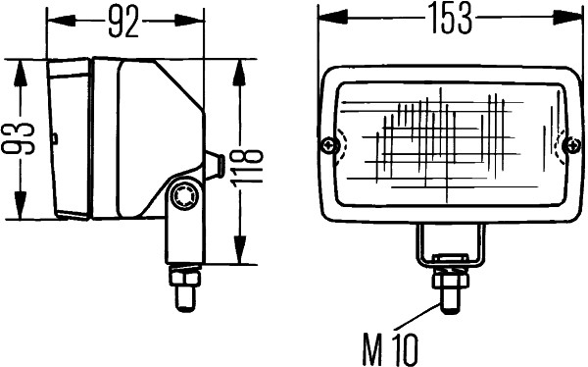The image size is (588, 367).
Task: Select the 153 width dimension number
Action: (x=451, y=20)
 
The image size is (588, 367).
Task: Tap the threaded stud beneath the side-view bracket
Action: (x=181, y=288)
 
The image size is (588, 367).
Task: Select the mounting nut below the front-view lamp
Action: (x=449, y=276)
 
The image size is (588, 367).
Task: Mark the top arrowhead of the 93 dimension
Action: (x=18, y=66)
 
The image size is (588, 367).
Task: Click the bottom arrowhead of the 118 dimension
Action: (x=241, y=256)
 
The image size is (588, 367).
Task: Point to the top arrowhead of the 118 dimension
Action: (x=241, y=66)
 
